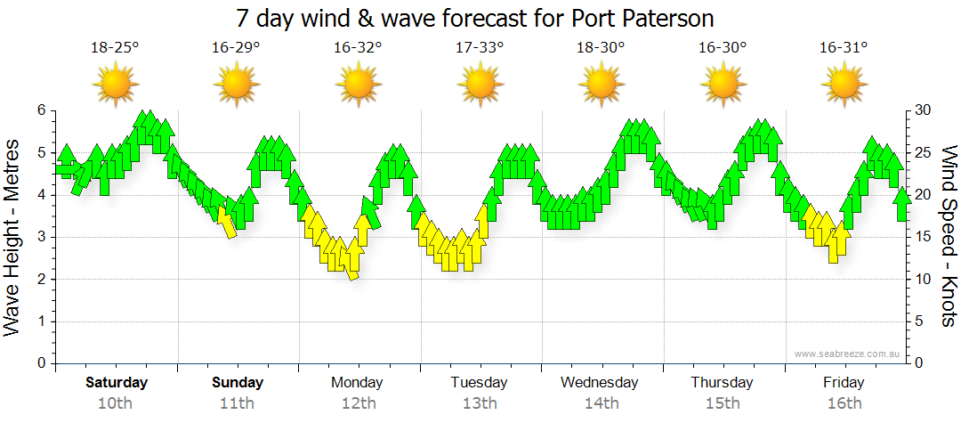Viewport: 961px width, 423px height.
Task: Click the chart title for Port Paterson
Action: point(475,18)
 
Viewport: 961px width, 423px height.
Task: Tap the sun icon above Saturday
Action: point(116,85)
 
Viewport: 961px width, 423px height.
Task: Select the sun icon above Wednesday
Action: point(601,85)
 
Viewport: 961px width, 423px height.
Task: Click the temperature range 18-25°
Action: point(115,48)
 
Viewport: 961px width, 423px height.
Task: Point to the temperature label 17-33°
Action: point(480,48)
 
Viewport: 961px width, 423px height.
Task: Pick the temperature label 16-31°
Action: point(844,48)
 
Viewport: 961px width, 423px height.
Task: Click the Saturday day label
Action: point(117,383)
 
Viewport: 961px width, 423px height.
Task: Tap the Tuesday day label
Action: point(479,383)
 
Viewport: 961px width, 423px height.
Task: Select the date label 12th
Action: point(357,403)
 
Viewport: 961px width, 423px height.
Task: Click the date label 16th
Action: point(844,403)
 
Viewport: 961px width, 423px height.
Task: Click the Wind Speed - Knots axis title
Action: point(948,237)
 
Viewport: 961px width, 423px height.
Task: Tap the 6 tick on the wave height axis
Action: point(40,110)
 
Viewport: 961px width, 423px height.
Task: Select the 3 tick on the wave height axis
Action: point(40,237)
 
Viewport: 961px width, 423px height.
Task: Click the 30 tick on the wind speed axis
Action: point(925,110)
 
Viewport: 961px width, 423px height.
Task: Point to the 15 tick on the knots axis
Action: point(924,237)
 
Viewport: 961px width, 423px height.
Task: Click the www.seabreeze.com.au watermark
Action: point(848,354)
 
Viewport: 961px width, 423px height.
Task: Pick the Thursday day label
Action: point(722,383)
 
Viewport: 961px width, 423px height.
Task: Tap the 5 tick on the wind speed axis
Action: point(920,321)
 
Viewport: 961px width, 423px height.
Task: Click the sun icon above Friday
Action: point(844,85)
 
